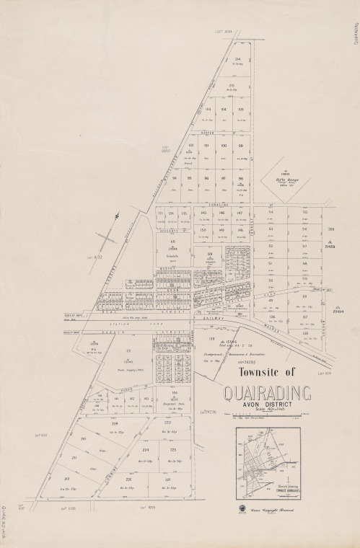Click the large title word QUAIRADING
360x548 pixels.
click(x=267, y=394)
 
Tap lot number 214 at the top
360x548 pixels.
click(x=237, y=59)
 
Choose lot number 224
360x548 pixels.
click(x=146, y=448)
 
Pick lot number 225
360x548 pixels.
click(x=172, y=448)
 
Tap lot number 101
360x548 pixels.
click(x=206, y=146)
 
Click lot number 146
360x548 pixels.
click(x=222, y=213)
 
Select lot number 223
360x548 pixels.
click(x=167, y=423)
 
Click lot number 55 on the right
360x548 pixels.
click(x=304, y=213)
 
